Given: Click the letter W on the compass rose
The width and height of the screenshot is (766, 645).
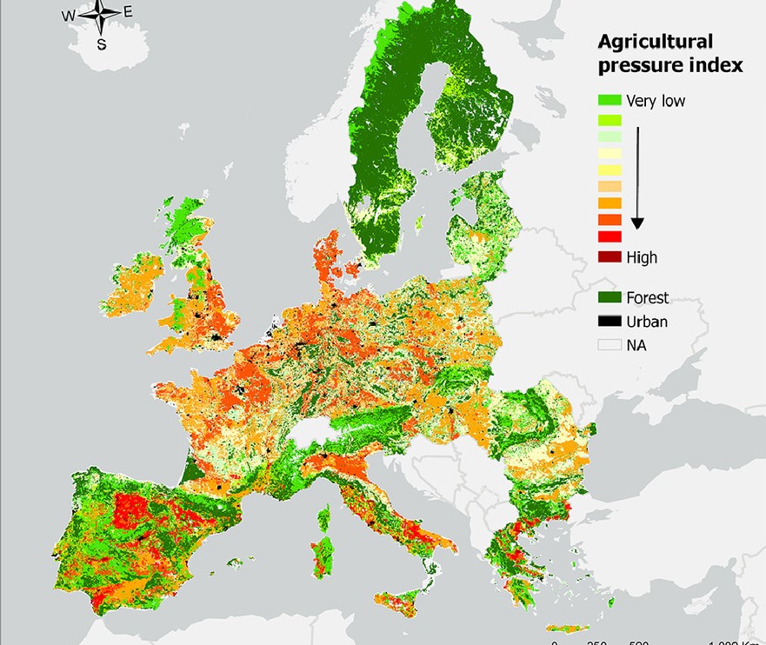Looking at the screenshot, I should (68, 15).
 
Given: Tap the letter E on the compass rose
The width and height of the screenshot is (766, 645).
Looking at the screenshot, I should (128, 11).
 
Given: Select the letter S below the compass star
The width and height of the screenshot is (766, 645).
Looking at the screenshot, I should (102, 43).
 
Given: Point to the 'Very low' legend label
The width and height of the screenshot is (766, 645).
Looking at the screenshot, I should (655, 101).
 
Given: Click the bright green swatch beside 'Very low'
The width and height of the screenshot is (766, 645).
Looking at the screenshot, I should (609, 101).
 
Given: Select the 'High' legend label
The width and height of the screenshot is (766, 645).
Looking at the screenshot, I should (642, 257).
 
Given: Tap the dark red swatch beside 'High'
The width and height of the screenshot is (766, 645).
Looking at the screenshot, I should (609, 257).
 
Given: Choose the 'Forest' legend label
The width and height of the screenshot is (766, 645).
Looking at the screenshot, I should (647, 298).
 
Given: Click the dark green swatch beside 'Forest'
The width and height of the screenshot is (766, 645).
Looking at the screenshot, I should (609, 298).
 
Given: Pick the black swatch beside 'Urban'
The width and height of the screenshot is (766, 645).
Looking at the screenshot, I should (609, 322).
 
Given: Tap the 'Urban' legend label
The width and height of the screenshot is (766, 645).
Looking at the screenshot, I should (647, 322).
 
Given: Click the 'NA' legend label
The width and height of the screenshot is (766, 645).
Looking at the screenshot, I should (636, 345).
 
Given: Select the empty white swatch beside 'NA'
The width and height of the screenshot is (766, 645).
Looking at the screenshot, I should (609, 345).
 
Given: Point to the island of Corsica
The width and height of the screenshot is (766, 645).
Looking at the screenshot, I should (323, 519).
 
